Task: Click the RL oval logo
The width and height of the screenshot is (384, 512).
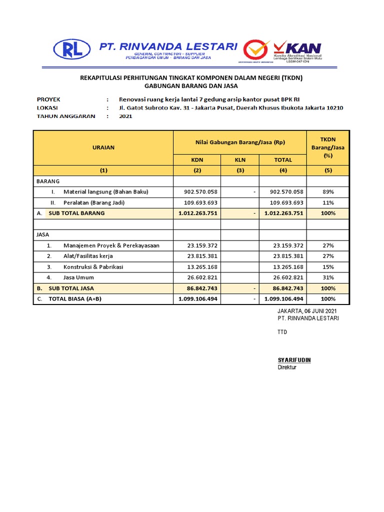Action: click(71, 49)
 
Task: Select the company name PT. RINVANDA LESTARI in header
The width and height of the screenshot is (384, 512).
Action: click(168, 46)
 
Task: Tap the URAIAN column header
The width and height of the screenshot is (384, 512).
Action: click(103, 147)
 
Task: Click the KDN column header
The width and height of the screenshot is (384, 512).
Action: click(197, 160)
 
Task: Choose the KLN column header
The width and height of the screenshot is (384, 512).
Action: click(240, 160)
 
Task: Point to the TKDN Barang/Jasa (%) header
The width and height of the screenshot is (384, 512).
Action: click(328, 147)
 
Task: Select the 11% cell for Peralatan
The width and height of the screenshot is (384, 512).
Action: click(328, 202)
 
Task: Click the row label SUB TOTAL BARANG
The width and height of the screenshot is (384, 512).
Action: click(76, 213)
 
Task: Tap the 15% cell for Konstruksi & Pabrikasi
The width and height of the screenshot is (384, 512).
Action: click(328, 267)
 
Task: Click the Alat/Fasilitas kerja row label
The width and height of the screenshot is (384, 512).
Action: click(88, 256)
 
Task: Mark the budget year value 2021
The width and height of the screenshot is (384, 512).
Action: click(125, 116)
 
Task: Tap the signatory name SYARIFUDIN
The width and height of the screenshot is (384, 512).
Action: click(294, 360)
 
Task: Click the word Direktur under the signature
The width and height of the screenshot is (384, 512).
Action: click(287, 367)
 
